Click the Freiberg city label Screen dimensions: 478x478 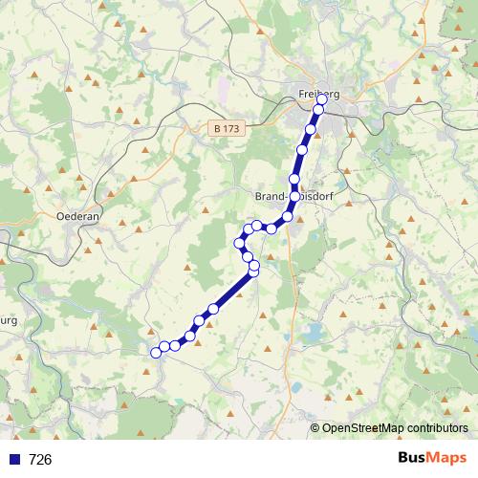pyautogui.click(x=318, y=93)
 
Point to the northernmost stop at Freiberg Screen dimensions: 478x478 pyautogui.click(x=322, y=99)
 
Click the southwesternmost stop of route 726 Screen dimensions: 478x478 pyautogui.click(x=156, y=353)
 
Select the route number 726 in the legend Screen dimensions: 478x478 pyautogui.click(x=40, y=460)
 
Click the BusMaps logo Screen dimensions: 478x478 pyautogui.click(x=433, y=459)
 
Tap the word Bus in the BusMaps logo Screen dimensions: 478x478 pyautogui.click(x=414, y=459)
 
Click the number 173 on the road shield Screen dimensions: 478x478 pyautogui.click(x=230, y=127)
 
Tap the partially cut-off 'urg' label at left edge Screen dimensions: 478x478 pyautogui.click(x=9, y=320)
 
